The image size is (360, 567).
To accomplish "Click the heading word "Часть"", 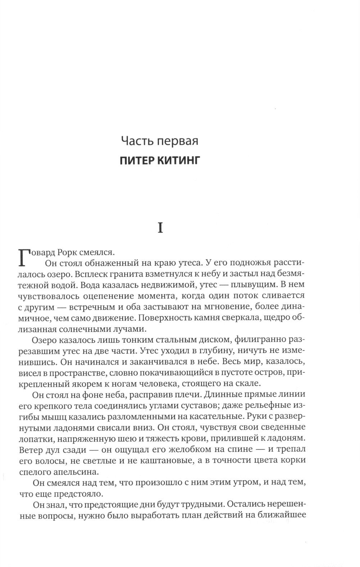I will (x=136, y=141).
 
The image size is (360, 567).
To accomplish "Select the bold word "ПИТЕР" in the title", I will (x=136, y=160).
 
